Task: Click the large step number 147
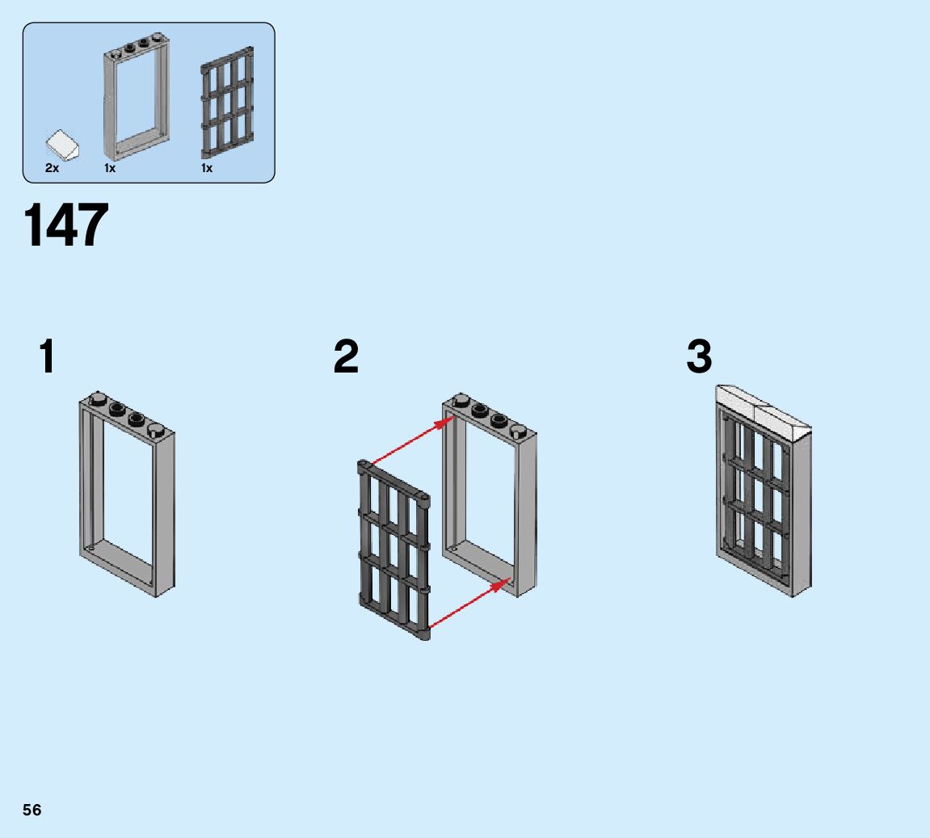click(66, 225)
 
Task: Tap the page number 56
click(32, 810)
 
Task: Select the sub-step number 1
click(48, 357)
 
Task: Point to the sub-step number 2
click(346, 357)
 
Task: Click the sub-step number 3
click(700, 357)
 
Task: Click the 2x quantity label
click(52, 169)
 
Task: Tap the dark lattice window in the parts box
click(226, 103)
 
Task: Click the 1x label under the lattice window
click(207, 169)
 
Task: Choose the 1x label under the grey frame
click(110, 169)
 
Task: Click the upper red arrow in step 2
click(408, 440)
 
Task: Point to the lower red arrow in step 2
click(467, 602)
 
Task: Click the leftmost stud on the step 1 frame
click(97, 398)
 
